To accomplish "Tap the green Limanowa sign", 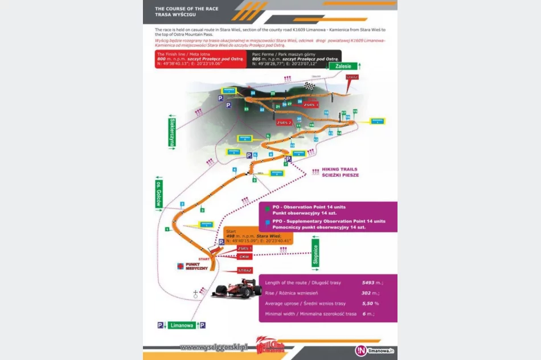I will click(x=182, y=325).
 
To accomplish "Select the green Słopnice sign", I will click(x=315, y=253).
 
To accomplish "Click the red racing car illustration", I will click(x=235, y=289).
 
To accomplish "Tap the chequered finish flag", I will click(x=309, y=87).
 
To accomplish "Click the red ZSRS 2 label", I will click(x=284, y=122).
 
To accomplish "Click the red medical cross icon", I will click(x=181, y=265).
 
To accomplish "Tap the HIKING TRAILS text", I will click(x=340, y=169).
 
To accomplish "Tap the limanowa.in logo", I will click(x=375, y=350).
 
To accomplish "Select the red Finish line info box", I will click(x=200, y=59).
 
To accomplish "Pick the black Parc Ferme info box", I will click(x=294, y=59).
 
